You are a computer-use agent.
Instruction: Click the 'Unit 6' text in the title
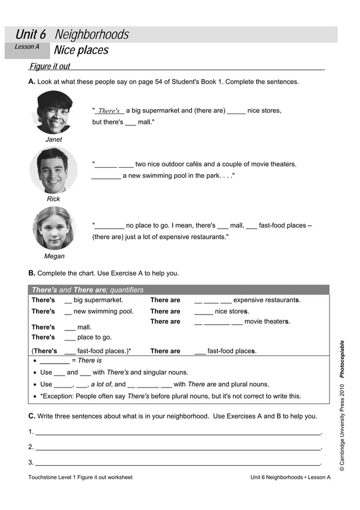tap(30, 35)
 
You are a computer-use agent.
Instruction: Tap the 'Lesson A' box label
tap(27, 47)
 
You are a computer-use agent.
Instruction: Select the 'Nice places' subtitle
tap(81, 51)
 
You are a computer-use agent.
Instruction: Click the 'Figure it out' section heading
tap(50, 67)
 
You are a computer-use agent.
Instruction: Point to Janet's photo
tap(54, 112)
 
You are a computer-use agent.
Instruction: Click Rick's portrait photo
tap(54, 170)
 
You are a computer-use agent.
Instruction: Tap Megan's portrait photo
tap(54, 228)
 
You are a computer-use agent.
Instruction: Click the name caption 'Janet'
tap(54, 140)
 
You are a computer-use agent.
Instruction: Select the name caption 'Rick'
tap(54, 199)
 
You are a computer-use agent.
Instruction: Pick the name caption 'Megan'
tap(54, 256)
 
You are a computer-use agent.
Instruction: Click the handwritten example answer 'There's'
tap(109, 111)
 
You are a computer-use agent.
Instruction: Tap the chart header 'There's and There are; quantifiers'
tap(87, 290)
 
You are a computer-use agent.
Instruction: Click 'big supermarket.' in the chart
tap(98, 300)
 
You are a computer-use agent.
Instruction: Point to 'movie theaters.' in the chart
tap(267, 321)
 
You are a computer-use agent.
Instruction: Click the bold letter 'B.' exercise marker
tap(32, 273)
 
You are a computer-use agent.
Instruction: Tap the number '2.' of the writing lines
tap(31, 447)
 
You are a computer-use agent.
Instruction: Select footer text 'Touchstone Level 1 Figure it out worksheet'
tap(80, 477)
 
